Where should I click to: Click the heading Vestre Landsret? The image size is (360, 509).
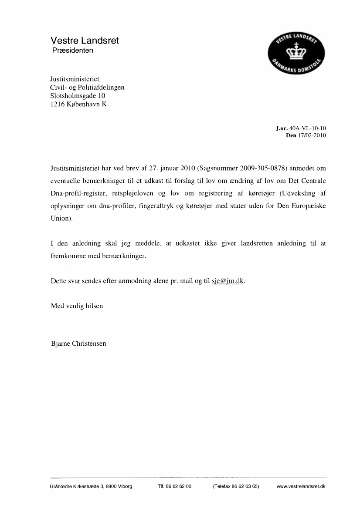tap(85, 41)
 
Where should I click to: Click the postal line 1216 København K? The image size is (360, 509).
tap(78, 104)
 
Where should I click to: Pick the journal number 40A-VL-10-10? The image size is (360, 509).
tap(308, 128)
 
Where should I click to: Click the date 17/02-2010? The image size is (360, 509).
tap(312, 135)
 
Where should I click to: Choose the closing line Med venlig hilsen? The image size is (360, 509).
tap(77, 306)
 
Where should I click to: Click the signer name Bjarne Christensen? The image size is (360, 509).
tap(78, 343)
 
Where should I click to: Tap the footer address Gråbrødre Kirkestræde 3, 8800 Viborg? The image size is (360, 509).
tap(91, 486)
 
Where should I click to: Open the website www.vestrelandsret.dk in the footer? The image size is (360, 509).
tap(301, 486)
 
